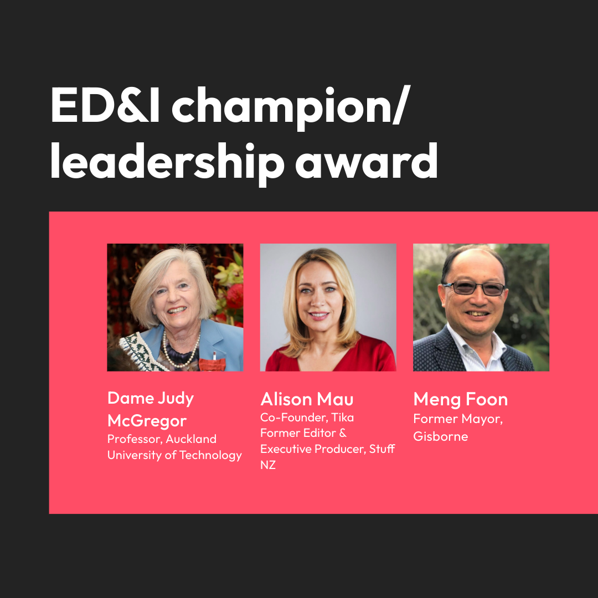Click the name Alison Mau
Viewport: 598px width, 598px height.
pyautogui.click(x=307, y=399)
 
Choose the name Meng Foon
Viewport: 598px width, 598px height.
pyautogui.click(x=460, y=399)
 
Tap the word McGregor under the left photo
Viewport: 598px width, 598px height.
pyautogui.click(x=147, y=421)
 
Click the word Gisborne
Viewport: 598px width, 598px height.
pyautogui.click(x=440, y=436)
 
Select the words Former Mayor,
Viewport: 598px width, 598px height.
pyautogui.click(x=458, y=419)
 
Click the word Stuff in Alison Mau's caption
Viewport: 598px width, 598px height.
pyautogui.click(x=382, y=448)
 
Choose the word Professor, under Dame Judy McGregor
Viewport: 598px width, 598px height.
pyautogui.click(x=135, y=439)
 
